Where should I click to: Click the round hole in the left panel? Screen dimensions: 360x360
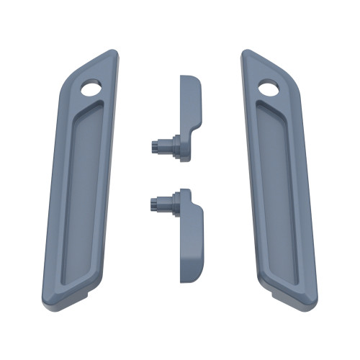pos(91,89)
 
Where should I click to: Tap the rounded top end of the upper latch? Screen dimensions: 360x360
pos(189,78)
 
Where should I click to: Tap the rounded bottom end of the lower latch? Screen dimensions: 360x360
pos(189,276)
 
